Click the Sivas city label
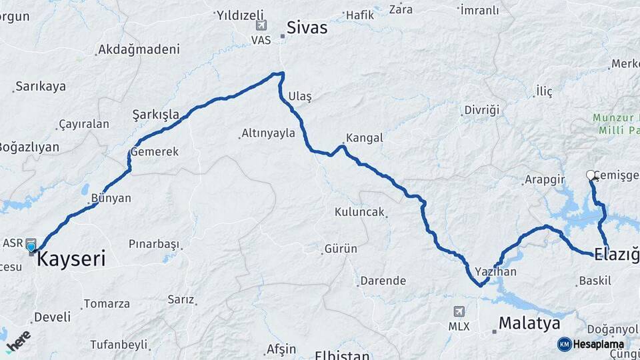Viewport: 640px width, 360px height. click(x=307, y=27)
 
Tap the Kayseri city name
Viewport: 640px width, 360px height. click(x=71, y=259)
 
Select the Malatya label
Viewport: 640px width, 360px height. click(x=530, y=324)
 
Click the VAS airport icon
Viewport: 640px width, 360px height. click(x=261, y=27)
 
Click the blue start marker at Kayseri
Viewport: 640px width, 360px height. click(x=31, y=248)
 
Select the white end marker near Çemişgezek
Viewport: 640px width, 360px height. click(x=590, y=175)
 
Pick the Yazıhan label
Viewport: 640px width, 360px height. click(x=495, y=272)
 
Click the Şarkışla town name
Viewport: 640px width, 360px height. click(x=156, y=114)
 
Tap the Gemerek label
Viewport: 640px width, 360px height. click(x=155, y=152)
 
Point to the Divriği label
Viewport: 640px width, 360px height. click(x=481, y=109)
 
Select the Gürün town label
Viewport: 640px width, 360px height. click(x=341, y=249)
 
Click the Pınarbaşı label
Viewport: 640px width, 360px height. click(x=155, y=243)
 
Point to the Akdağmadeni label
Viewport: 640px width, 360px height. click(x=139, y=49)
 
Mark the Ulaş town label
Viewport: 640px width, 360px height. click(x=300, y=97)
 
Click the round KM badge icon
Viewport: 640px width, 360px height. click(x=565, y=344)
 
